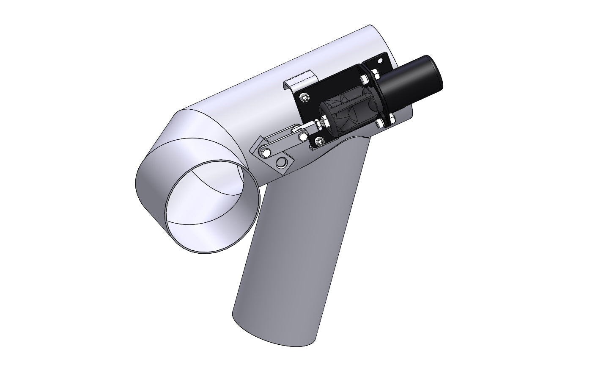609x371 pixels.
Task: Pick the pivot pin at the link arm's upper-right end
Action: (x=303, y=136)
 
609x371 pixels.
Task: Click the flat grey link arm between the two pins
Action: (x=284, y=144)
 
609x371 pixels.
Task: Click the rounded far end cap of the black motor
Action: (x=436, y=72)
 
